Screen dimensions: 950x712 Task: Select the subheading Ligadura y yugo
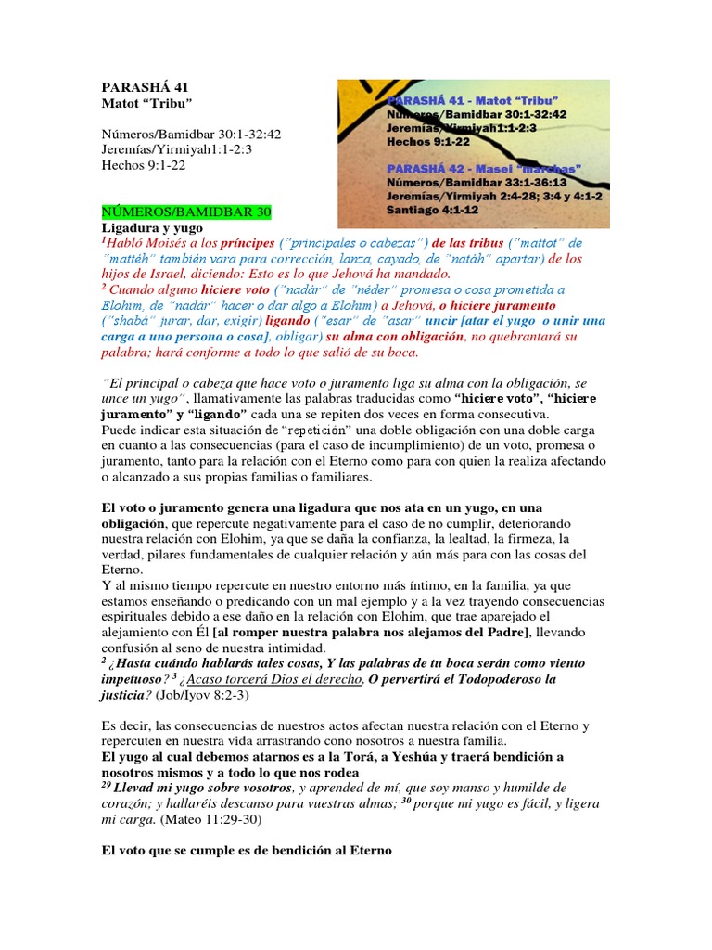pyautogui.click(x=151, y=227)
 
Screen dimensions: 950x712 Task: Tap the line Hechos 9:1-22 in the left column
pyautogui.click(x=144, y=166)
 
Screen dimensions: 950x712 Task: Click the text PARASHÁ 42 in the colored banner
pyautogui.click(x=439, y=169)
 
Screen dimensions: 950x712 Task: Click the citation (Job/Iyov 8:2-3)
pyautogui.click(x=215, y=696)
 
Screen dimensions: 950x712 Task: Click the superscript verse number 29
pyautogui.click(x=106, y=785)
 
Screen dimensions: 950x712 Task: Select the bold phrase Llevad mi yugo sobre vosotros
pyautogui.click(x=194, y=788)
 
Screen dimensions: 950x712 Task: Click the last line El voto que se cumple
pyautogui.click(x=247, y=850)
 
